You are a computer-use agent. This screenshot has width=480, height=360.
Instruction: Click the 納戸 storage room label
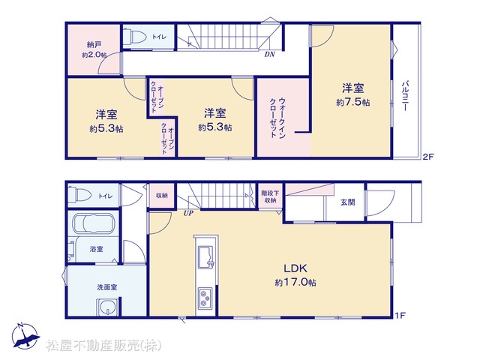[94, 45]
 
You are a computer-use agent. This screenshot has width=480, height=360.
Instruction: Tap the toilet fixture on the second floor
[135, 37]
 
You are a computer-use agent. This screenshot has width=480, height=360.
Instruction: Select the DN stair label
[270, 55]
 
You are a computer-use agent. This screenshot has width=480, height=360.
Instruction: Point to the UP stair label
[188, 213]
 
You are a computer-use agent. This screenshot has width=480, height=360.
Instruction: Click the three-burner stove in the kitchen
[205, 298]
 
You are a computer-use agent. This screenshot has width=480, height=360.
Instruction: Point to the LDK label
[295, 268]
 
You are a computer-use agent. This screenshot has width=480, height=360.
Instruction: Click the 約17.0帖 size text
[295, 282]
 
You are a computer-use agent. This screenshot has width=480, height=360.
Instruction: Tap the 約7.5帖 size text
[353, 102]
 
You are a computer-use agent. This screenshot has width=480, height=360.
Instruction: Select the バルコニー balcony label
[406, 96]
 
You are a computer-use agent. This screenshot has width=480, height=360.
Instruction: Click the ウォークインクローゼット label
[278, 118]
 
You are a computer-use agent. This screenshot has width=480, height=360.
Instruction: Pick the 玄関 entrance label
[348, 202]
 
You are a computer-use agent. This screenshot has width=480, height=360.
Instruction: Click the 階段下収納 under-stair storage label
[270, 196]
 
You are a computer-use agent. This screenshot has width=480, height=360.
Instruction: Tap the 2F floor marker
[428, 157]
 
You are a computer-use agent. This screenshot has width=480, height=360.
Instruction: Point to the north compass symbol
[25, 336]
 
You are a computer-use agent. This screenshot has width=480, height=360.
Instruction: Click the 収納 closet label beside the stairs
[162, 195]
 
